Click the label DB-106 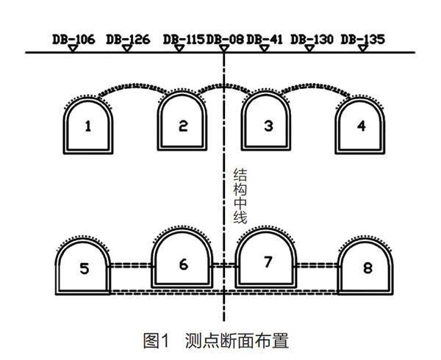[x=74, y=38]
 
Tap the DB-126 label [x=128, y=38]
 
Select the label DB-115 [x=184, y=38]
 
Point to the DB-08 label [x=225, y=38]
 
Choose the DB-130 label [x=312, y=38]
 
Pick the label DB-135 [x=363, y=38]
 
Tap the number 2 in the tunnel [x=183, y=126]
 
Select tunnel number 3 [x=268, y=126]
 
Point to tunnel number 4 [x=360, y=126]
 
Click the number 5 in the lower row [x=85, y=269]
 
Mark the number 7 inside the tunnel [x=268, y=263]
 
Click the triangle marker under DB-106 [x=72, y=48]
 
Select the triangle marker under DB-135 [x=362, y=48]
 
